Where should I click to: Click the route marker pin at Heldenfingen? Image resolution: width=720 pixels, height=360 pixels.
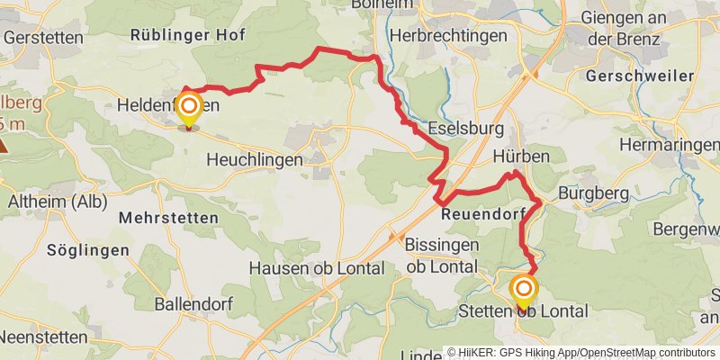(x=189, y=110)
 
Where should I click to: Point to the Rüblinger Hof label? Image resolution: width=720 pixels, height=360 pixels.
(x=187, y=34)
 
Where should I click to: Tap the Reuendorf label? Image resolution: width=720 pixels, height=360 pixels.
(x=482, y=215)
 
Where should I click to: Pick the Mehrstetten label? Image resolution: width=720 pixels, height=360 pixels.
(x=168, y=218)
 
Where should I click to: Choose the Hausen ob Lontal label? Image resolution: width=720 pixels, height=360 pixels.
(x=316, y=268)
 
